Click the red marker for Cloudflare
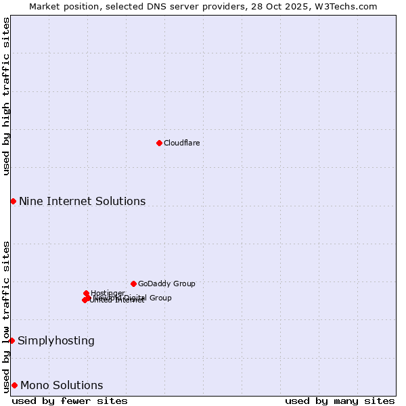tap(159, 143)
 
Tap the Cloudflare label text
tap(181, 143)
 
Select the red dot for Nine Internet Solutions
tap(13, 201)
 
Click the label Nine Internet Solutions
tap(82, 201)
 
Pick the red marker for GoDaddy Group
tap(133, 284)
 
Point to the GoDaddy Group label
tap(166, 284)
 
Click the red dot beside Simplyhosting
tap(12, 340)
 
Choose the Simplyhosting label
tap(56, 340)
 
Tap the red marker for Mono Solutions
tap(14, 385)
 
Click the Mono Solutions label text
tap(62, 385)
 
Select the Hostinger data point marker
tap(86, 293)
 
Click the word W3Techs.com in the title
tap(349, 6)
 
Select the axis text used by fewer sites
tap(70, 401)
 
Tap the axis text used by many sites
tap(340, 401)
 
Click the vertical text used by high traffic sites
tap(6, 96)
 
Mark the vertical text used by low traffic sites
tap(6, 316)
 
